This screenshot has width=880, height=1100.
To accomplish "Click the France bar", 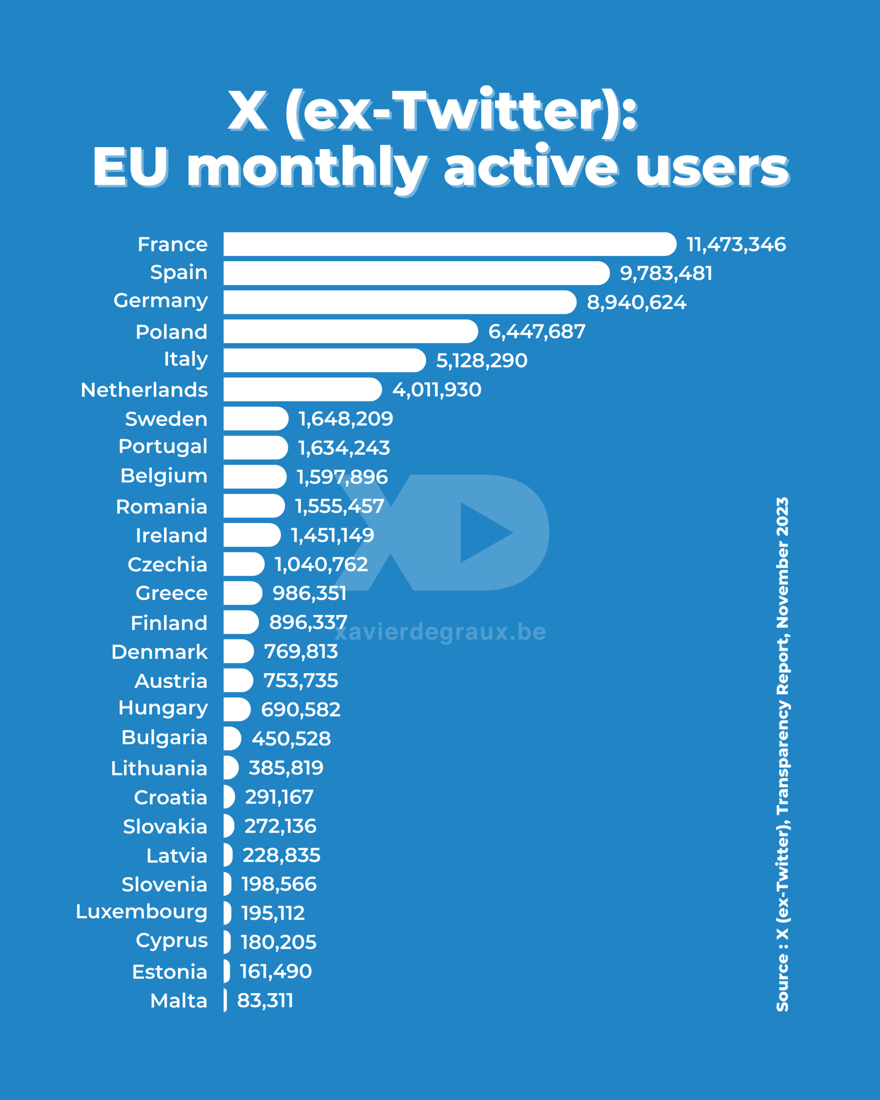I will coord(449,244).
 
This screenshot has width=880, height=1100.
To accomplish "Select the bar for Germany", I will coord(400,302).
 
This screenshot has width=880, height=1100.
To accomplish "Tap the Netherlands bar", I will coord(302,389).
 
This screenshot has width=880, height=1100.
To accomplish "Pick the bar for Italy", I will coord(324,360).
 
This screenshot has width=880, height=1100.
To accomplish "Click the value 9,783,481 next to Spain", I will coord(666,273).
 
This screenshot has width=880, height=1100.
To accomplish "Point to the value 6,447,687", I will coord(537,332).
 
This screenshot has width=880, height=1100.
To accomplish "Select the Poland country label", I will coord(171,332).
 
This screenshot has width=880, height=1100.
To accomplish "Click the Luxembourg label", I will coord(141,912).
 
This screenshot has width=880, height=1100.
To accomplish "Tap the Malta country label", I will coord(179,1001).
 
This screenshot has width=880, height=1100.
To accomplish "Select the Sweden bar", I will coord(256,419).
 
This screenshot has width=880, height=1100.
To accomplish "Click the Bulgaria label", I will coord(164,738).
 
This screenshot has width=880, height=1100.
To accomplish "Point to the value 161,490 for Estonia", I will coord(275,972).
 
